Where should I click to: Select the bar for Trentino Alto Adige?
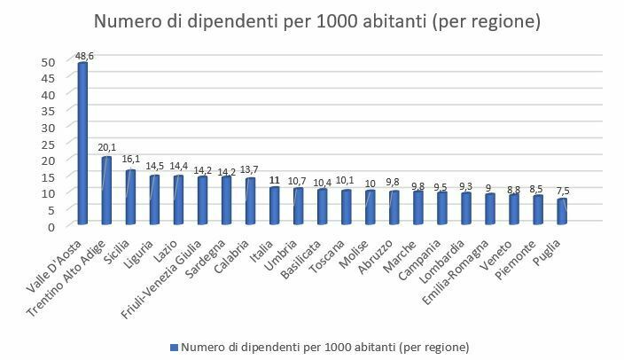(106, 192)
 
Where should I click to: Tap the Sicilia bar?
(130, 199)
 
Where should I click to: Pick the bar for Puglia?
(562, 213)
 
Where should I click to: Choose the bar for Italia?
(274, 207)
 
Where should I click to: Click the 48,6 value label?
(85, 55)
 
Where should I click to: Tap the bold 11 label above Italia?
(275, 178)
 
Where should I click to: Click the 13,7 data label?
(252, 169)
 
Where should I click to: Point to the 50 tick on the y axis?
(48, 62)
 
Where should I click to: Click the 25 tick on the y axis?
(48, 144)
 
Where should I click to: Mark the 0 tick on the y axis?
(51, 226)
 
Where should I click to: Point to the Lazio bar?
(178, 201)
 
